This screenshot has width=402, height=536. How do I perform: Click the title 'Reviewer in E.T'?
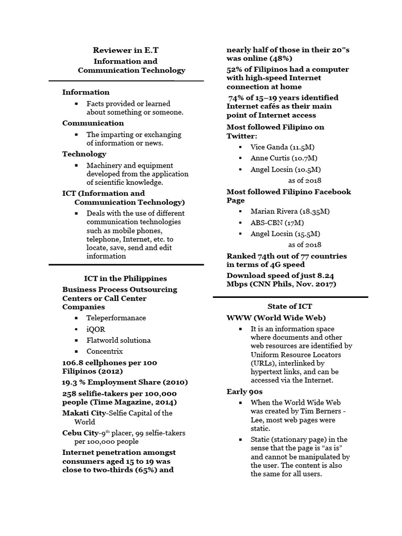pyautogui.click(x=126, y=50)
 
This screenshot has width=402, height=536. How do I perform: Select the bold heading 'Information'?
pyautogui.click(x=86, y=92)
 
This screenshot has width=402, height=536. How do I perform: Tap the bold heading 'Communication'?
pyautogui.click(x=93, y=123)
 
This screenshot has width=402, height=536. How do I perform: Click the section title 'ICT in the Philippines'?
pyautogui.click(x=126, y=278)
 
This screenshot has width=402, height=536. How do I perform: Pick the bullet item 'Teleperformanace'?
pyautogui.click(x=116, y=318)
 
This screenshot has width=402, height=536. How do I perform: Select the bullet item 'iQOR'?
pyautogui.click(x=95, y=329)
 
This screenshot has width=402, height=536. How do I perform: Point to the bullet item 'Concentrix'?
pyautogui.click(x=104, y=351)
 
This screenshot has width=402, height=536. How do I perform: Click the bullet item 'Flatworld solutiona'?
pyautogui.click(x=118, y=340)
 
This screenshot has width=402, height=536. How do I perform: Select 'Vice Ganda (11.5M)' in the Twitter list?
pyautogui.click(x=282, y=147)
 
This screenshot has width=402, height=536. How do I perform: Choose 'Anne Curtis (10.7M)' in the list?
pyautogui.click(x=284, y=158)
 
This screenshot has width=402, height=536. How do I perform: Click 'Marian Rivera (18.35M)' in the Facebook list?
pyautogui.click(x=289, y=211)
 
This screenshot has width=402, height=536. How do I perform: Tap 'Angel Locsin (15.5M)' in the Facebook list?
pyautogui.click(x=285, y=233)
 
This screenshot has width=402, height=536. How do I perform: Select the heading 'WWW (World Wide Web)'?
pyautogui.click(x=276, y=318)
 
